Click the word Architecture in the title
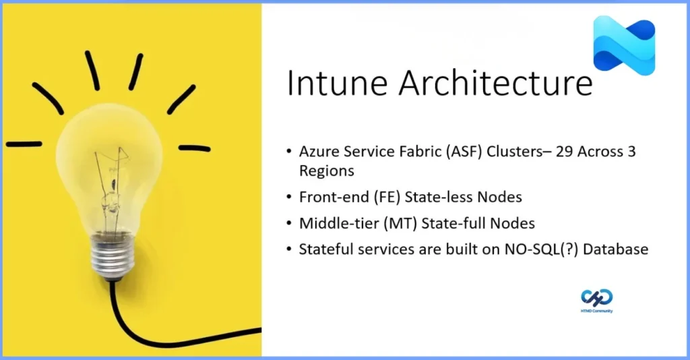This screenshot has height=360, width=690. click(495, 85)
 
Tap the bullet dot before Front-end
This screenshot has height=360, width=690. click(289, 198)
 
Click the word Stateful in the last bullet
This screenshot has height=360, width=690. click(325, 249)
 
